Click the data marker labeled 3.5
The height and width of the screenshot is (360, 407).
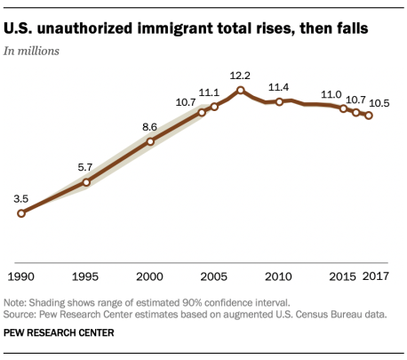21,213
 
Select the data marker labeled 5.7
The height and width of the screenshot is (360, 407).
86,182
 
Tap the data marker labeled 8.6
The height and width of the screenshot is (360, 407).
150,141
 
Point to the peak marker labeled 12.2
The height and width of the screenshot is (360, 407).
241,91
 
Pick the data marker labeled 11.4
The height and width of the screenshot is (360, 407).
279,102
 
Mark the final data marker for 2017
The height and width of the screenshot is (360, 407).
369,115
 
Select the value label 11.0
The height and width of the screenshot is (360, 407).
331,93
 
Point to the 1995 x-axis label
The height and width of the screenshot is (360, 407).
86,276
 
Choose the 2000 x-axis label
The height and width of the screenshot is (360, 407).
150,276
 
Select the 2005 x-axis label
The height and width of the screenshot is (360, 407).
214,276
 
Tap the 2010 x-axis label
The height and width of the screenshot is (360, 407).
279,276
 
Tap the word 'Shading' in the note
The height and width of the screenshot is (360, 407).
51,303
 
